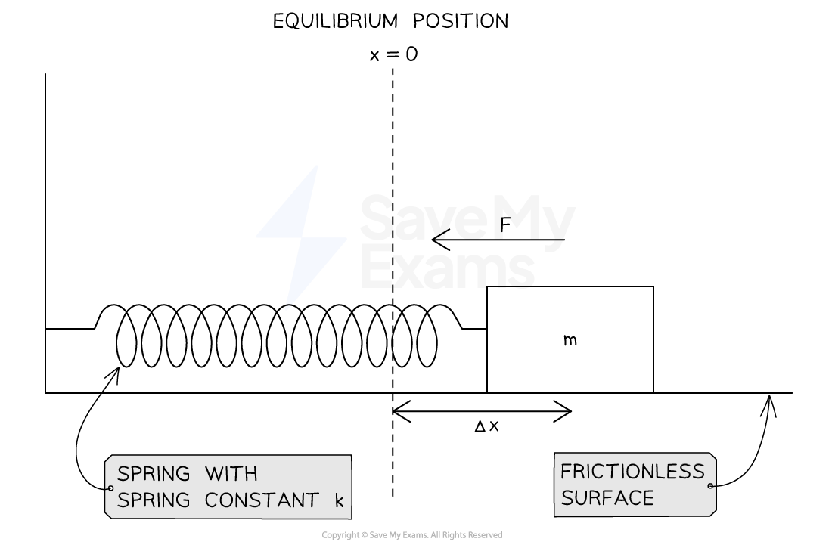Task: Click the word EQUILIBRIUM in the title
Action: pos(335,21)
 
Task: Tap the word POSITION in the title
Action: pos(461,21)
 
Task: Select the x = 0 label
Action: pos(394,54)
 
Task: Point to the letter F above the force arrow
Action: pos(505,225)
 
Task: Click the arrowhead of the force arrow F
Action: pos(440,240)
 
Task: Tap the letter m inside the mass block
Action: pos(570,340)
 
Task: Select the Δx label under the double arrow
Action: pos(486,426)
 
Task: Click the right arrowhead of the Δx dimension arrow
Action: pos(563,411)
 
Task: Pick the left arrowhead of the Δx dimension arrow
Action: pos(401,411)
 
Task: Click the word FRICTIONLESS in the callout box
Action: pos(632,472)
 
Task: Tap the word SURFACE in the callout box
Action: pos(607,498)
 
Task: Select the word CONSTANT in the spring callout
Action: pos(262,500)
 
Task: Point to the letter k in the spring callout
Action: pos(339,500)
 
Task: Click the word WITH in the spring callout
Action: pos(231,473)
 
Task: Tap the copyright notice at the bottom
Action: pos(411,535)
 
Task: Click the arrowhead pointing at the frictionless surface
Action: pos(769,404)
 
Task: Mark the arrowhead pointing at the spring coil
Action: pos(115,374)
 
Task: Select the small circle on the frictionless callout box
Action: pos(710,485)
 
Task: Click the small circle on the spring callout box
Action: pos(111,488)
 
